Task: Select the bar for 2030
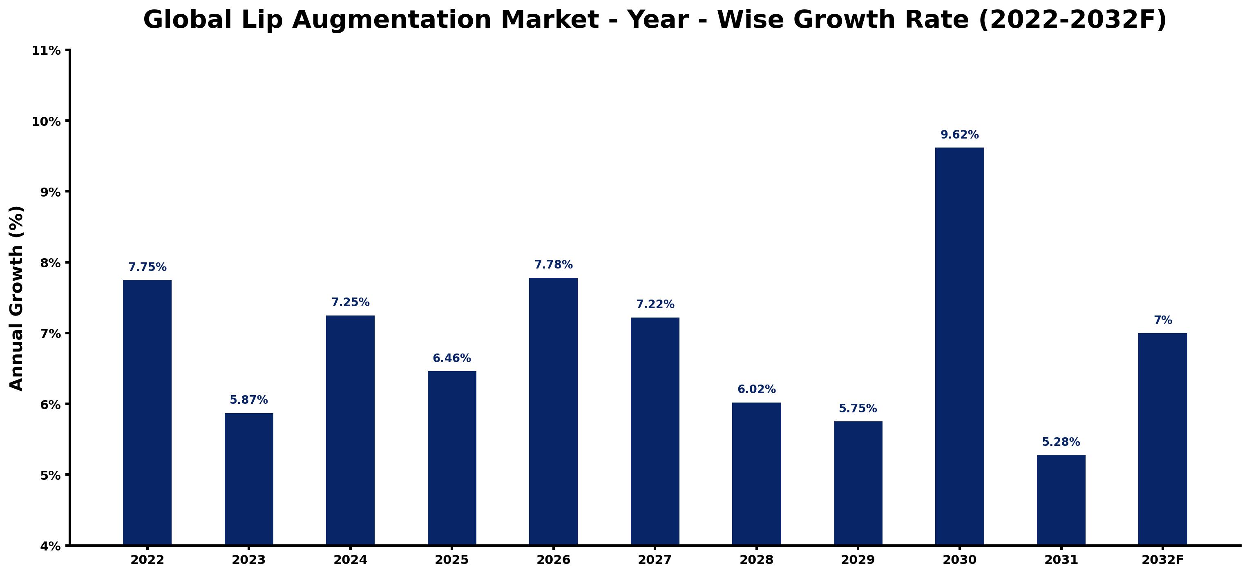coord(960,346)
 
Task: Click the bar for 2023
coord(249,479)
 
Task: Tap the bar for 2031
coord(1061,500)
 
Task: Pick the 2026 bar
coord(553,411)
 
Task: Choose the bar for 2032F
coord(1163,439)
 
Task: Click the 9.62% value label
coord(960,135)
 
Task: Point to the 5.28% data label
coord(1061,442)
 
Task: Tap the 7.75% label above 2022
coord(147,267)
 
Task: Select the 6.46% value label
coord(452,358)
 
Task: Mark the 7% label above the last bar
coord(1163,320)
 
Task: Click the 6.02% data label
coord(756,389)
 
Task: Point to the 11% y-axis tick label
coord(46,50)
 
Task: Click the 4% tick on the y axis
coord(49,546)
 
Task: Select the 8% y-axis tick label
coord(49,263)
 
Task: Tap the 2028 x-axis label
coord(756,560)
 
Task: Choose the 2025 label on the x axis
coord(452,560)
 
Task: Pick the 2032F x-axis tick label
coord(1163,560)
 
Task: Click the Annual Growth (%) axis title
coord(16,298)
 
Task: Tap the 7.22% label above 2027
coord(655,304)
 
